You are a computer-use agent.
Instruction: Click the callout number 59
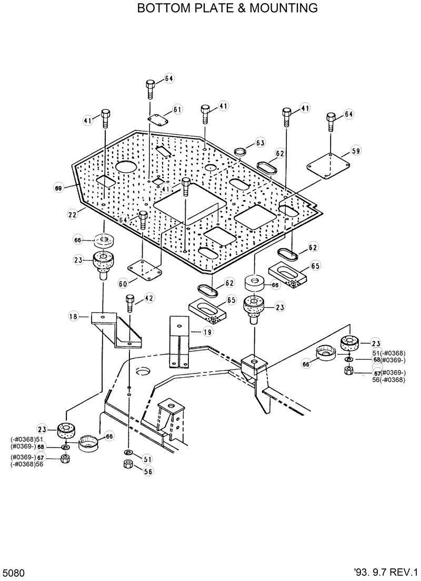click(356, 151)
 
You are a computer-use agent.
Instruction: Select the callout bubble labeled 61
click(177, 109)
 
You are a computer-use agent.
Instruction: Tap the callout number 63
click(260, 143)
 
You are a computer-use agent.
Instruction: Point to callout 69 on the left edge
click(58, 187)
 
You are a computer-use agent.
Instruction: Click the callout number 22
click(72, 214)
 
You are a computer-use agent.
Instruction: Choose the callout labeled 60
click(123, 284)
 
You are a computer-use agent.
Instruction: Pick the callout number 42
click(149, 298)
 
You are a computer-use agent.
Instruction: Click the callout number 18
click(73, 316)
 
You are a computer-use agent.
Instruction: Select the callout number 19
click(207, 331)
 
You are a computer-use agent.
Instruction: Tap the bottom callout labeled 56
click(148, 472)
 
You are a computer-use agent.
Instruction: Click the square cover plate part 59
click(328, 165)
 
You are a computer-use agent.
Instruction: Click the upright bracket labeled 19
click(179, 341)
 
